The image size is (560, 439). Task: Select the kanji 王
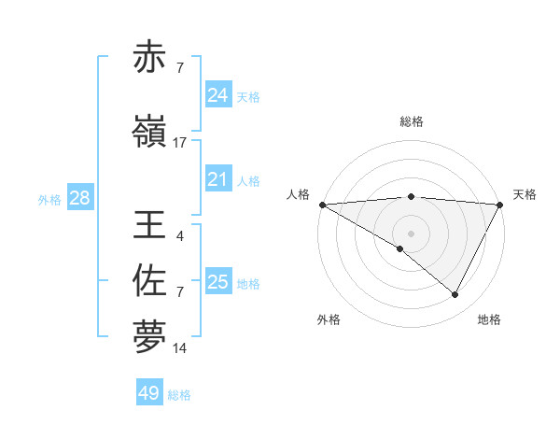(x=149, y=225)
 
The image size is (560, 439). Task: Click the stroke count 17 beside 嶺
(x=180, y=143)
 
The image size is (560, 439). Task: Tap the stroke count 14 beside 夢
(x=180, y=348)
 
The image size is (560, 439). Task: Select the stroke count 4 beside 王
(x=179, y=235)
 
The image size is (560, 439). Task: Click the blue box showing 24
(x=217, y=95)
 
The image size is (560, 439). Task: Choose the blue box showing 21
(x=217, y=179)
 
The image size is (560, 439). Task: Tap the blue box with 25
(x=217, y=282)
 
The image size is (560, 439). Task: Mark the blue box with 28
(x=79, y=198)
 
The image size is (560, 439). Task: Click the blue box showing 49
(x=149, y=393)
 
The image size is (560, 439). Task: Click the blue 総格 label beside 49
(x=180, y=395)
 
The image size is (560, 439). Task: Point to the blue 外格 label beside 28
(x=49, y=199)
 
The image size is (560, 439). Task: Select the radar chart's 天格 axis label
(x=525, y=194)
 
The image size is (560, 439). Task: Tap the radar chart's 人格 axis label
(x=299, y=194)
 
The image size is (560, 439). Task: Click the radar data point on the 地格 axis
(x=455, y=295)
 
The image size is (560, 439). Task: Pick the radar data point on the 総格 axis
(x=411, y=196)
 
